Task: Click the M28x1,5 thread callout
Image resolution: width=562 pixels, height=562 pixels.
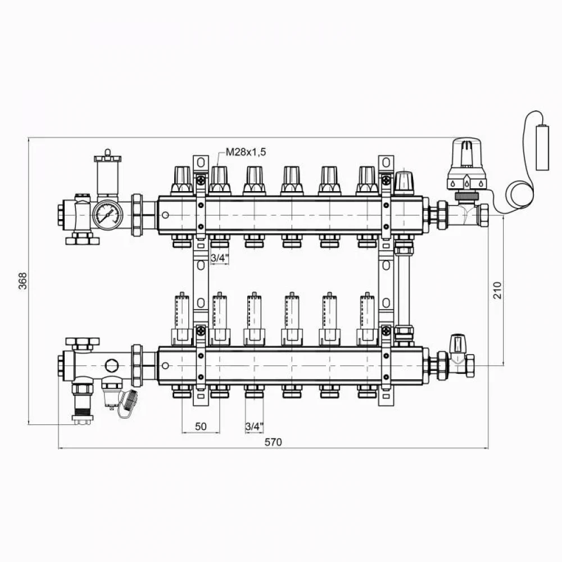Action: point(246,152)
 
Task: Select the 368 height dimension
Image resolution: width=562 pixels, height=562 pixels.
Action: point(22,280)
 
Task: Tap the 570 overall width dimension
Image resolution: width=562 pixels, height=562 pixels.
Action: point(273,442)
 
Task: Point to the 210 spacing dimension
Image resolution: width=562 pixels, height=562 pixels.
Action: point(497,290)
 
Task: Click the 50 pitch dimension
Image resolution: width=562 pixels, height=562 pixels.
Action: point(201,426)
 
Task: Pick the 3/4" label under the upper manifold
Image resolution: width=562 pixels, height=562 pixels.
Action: point(219,258)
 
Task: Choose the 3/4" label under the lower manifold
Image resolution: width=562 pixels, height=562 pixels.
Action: point(254,427)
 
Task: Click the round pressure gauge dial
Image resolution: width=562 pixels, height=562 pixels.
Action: point(107,215)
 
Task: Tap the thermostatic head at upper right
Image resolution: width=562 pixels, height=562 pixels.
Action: point(466,164)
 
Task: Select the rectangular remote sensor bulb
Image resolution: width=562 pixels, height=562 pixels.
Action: point(542,147)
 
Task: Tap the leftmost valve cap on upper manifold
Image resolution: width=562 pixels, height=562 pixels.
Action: point(183,180)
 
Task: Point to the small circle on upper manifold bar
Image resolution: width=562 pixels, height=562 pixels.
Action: point(165,215)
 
